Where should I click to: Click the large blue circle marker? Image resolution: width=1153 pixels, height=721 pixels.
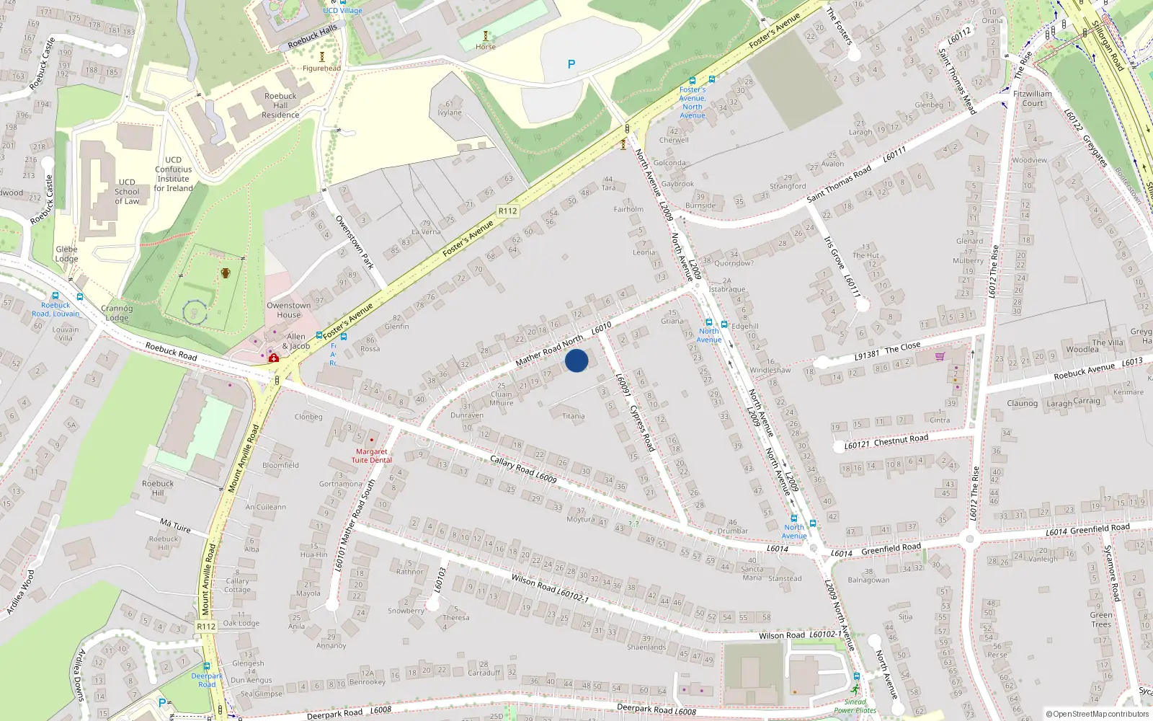[x=576, y=360]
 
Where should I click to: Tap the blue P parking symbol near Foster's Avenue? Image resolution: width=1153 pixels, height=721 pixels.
[x=571, y=64]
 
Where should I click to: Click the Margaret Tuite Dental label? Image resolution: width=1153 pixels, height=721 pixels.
[x=372, y=456]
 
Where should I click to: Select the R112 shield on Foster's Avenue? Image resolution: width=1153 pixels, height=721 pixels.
[x=507, y=211]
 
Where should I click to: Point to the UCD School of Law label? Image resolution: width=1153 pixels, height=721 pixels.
[x=127, y=191]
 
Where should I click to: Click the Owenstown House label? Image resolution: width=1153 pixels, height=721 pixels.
[x=289, y=310]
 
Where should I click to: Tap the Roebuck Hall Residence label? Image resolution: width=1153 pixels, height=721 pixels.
[x=280, y=105]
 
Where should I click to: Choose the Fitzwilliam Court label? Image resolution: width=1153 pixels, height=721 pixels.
[x=1033, y=98]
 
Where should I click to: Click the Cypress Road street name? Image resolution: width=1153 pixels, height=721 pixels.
[x=642, y=428]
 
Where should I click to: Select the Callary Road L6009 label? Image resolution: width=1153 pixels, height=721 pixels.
[x=523, y=469]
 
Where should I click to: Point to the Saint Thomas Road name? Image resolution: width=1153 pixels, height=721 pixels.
[x=839, y=184]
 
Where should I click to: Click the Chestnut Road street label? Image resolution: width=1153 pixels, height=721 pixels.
[x=901, y=439]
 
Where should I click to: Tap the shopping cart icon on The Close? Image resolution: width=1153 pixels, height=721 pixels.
[x=940, y=356]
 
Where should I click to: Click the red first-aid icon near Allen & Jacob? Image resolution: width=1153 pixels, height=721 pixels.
[x=274, y=357]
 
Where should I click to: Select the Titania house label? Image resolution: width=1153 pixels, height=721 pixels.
[x=574, y=416]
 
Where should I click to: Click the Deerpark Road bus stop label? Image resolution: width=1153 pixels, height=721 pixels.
[x=207, y=680]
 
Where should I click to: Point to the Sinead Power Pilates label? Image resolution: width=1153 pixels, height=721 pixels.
[x=855, y=706]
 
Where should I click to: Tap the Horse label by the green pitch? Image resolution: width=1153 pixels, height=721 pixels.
[x=486, y=47]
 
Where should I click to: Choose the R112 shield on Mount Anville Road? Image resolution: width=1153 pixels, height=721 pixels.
[x=206, y=626]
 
